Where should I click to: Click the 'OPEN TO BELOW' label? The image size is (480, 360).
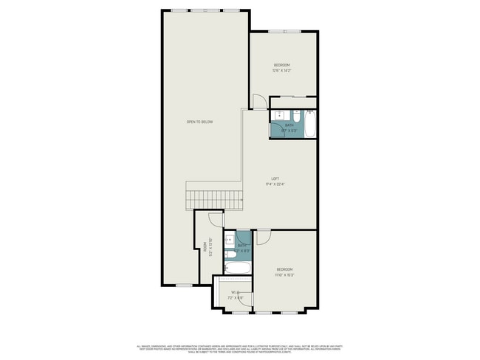[x=199, y=122]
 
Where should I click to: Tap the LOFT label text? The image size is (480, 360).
[x=275, y=179]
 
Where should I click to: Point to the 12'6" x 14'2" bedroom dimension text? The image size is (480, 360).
[x=281, y=71]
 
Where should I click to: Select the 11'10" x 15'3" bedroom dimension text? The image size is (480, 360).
[x=284, y=274]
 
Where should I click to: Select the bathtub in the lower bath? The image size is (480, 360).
[x=239, y=268]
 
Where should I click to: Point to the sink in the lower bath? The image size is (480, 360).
[x=230, y=238]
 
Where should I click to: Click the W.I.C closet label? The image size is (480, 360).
[x=235, y=293]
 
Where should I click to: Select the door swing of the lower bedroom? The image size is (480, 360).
[x=263, y=237]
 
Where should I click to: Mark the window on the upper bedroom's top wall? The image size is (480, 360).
[x=278, y=31]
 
